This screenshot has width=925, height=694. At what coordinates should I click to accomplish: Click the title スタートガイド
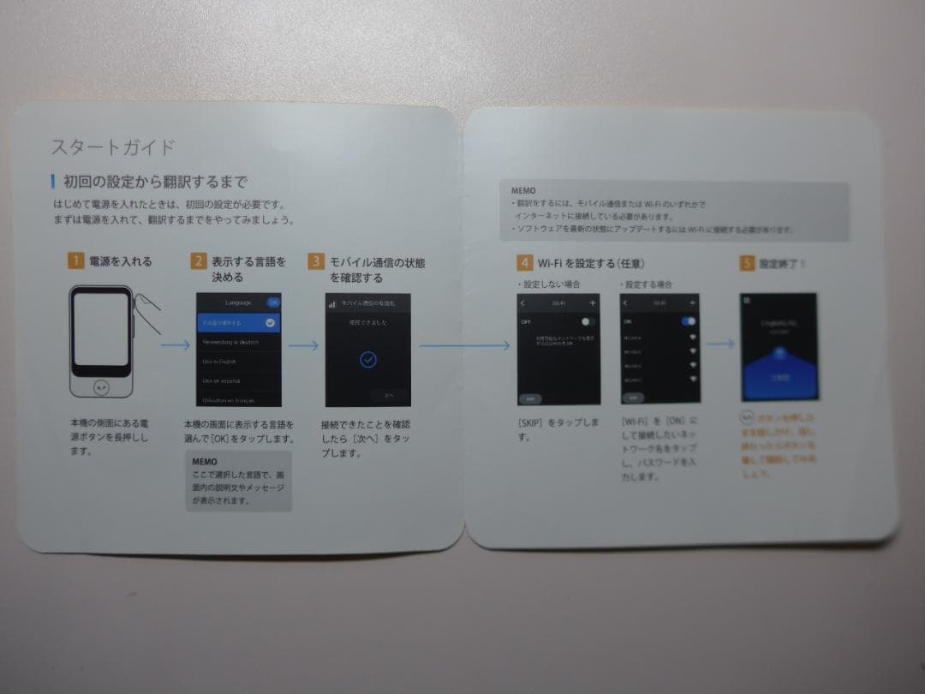pyautogui.click(x=113, y=147)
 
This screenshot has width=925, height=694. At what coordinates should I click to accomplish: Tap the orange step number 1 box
pyautogui.click(x=76, y=261)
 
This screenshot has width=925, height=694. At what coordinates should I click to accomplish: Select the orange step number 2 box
pyautogui.click(x=198, y=261)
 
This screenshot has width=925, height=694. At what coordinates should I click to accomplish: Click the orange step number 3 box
pyautogui.click(x=316, y=262)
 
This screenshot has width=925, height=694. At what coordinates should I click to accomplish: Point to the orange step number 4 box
pyautogui.click(x=524, y=262)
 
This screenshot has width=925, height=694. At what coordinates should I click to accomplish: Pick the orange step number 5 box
pyautogui.click(x=747, y=263)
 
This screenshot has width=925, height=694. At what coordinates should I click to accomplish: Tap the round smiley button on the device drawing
pyautogui.click(x=102, y=387)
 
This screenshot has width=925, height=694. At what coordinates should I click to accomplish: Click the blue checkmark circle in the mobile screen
pyautogui.click(x=367, y=359)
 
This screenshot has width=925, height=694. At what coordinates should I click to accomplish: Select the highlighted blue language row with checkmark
pyautogui.click(x=238, y=323)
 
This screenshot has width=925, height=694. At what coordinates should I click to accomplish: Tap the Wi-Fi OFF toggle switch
pyautogui.click(x=588, y=321)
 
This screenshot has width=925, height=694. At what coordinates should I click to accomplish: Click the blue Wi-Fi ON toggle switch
pyautogui.click(x=689, y=321)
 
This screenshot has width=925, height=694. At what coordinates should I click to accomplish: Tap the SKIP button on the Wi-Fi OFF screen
pyautogui.click(x=530, y=398)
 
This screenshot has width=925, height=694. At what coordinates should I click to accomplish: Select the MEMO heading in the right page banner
pyautogui.click(x=523, y=191)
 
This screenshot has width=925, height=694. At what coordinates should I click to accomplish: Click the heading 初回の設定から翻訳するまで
pyautogui.click(x=155, y=182)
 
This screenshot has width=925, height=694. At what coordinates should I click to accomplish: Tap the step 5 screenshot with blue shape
pyautogui.click(x=779, y=346)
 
